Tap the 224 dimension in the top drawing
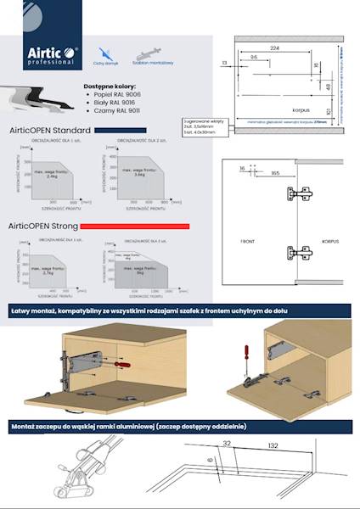pos(275,49)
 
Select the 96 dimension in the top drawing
pos(254,57)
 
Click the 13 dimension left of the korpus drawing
pos(223,63)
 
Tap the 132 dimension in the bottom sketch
pos(271,444)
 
